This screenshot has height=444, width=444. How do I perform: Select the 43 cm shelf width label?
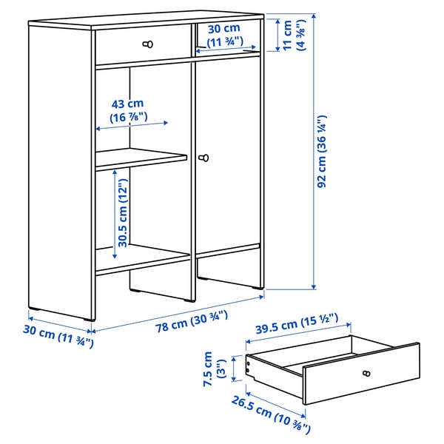pyautogui.click(x=129, y=110)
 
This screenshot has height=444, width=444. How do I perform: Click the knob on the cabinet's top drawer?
pyautogui.click(x=145, y=44)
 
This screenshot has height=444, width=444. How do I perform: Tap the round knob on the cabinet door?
pyautogui.click(x=204, y=158)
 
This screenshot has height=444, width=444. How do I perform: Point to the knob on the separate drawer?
pyautogui.click(x=364, y=373)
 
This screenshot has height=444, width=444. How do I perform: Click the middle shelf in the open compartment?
pyautogui.click(x=141, y=158)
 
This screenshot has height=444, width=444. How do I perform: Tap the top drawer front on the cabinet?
pyautogui.click(x=141, y=45)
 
